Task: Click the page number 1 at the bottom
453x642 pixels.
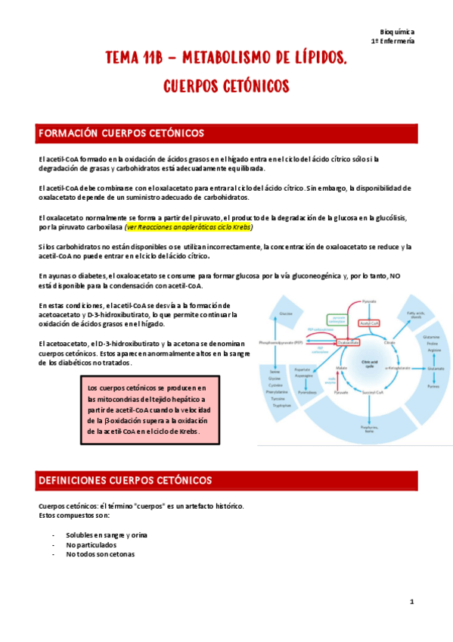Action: pyautogui.click(x=411, y=601)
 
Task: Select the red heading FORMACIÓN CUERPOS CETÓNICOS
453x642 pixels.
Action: pyautogui.click(x=121, y=133)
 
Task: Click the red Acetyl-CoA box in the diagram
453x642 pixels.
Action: pyautogui.click(x=369, y=322)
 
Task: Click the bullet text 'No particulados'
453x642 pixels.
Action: pyautogui.click(x=91, y=544)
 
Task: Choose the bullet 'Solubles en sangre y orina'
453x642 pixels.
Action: pyautogui.click(x=106, y=534)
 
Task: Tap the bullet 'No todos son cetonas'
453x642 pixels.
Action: pyautogui.click(x=100, y=554)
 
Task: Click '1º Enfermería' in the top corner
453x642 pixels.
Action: pyautogui.click(x=392, y=42)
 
